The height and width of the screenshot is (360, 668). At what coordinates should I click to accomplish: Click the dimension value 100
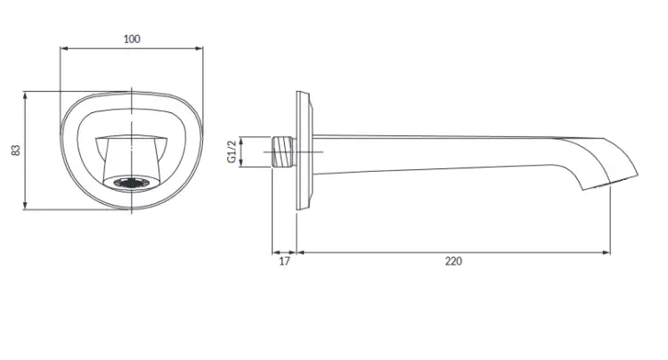tap(132, 39)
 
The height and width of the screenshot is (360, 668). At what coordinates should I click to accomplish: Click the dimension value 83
tap(16, 150)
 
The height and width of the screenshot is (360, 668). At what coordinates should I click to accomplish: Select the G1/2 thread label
tap(232, 151)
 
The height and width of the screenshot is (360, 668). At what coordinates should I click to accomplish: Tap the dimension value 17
tap(284, 261)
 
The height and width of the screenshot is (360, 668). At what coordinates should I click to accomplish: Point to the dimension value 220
tap(453, 261)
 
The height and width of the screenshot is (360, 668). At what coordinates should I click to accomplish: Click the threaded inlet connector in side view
tap(283, 151)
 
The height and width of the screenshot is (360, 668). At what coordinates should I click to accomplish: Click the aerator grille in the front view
tap(132, 184)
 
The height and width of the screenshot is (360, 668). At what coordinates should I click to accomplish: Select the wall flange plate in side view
tap(305, 151)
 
